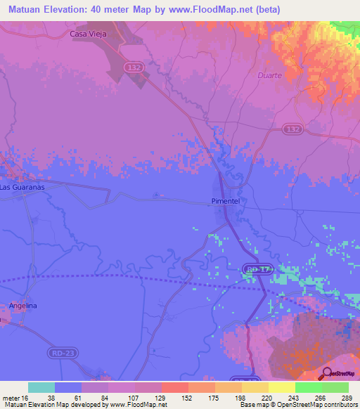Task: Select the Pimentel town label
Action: click(x=227, y=201)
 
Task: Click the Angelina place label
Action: click(x=22, y=306)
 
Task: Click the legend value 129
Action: click(x=161, y=397)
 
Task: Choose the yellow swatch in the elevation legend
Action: click(x=281, y=387)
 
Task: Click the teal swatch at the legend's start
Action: click(x=41, y=387)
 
